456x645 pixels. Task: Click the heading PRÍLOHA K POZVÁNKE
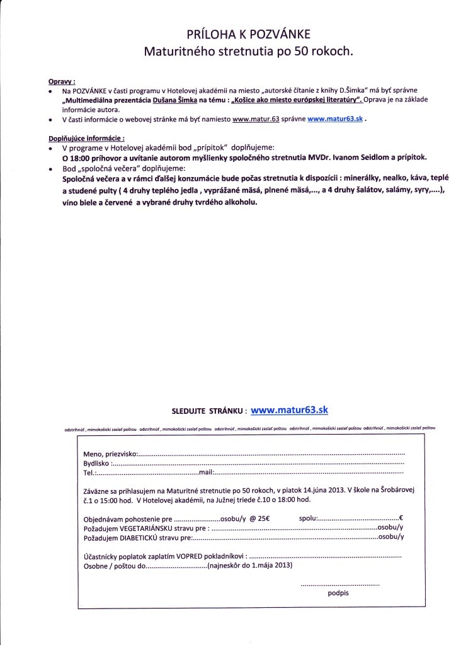click(248, 33)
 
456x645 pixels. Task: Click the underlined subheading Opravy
click(62, 82)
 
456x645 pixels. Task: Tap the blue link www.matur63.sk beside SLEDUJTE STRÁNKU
click(289, 409)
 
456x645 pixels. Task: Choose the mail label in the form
click(207, 472)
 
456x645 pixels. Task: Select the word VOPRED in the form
click(181, 557)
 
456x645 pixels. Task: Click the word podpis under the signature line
click(338, 593)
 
